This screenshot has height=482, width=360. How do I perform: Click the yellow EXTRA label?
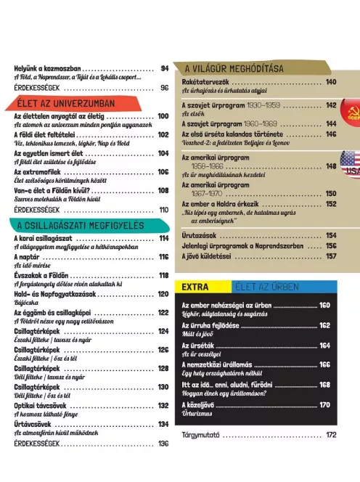coord(196,286)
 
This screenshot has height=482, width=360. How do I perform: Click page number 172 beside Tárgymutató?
coord(331,436)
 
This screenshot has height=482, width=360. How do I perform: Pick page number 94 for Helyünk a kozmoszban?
coord(164,69)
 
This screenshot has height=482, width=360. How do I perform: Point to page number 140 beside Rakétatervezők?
coord(331,82)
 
